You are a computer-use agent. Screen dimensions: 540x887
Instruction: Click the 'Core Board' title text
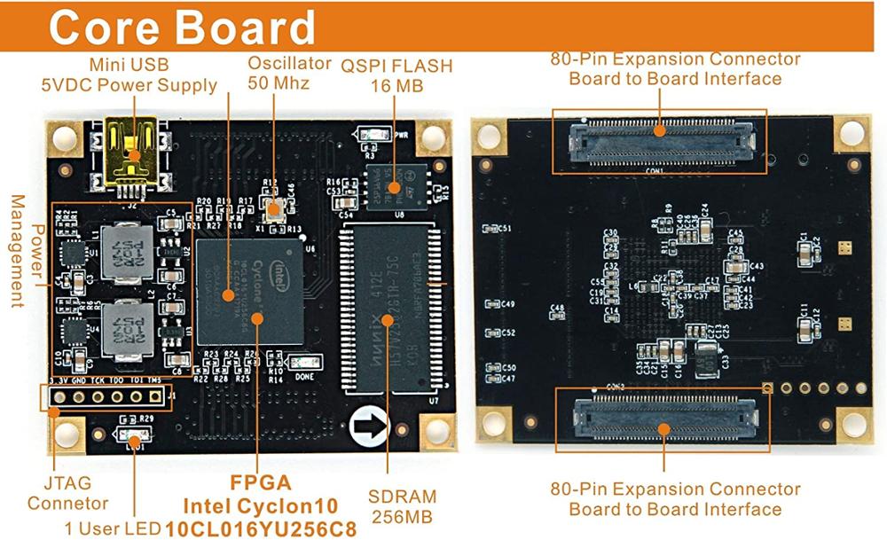coord(181,27)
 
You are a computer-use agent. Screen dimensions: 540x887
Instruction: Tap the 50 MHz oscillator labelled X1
coord(274,209)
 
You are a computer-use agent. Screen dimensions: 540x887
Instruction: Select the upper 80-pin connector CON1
coord(660,141)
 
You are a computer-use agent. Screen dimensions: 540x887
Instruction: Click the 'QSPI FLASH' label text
coord(396,67)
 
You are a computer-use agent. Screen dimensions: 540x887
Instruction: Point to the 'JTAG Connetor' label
coord(67,494)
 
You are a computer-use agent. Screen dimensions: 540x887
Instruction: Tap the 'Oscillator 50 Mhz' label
coord(279,73)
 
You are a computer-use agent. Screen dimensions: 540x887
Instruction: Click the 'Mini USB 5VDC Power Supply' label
coord(130,75)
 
